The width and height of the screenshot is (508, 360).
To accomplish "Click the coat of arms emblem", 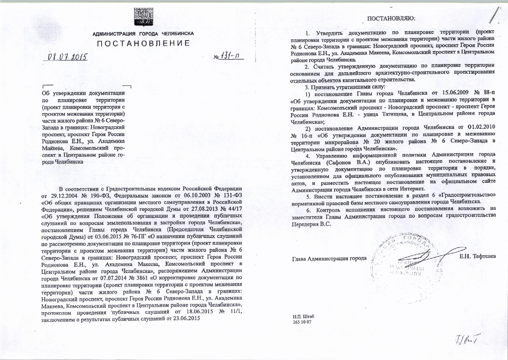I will coord(143,16).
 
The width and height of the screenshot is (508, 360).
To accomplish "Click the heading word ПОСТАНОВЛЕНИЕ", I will coord(143,44).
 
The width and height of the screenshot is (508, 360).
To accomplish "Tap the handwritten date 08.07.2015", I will coord(66,57).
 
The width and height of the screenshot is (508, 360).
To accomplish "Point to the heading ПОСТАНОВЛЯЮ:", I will coord(391,18).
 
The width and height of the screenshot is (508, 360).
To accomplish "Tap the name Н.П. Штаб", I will coord(303,316).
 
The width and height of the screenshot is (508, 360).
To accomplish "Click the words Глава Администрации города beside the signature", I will coord(329,258).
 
